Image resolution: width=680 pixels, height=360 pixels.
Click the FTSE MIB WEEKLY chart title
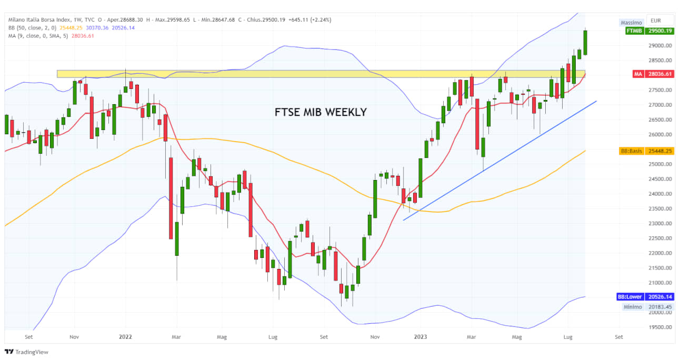click(x=321, y=112)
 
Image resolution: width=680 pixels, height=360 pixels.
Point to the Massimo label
click(x=631, y=23)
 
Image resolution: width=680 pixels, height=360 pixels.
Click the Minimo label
click(x=631, y=307)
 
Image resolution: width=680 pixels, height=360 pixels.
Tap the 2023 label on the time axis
click(x=420, y=337)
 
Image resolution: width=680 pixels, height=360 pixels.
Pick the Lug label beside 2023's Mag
click(x=567, y=337)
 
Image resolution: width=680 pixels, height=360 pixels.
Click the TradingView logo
click(x=26, y=352)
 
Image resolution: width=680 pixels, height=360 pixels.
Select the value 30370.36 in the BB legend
click(x=97, y=28)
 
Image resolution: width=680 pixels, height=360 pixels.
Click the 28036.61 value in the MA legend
click(x=83, y=36)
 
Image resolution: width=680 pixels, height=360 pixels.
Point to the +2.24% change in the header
click(x=320, y=20)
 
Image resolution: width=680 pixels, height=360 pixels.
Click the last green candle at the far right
click(x=585, y=42)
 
